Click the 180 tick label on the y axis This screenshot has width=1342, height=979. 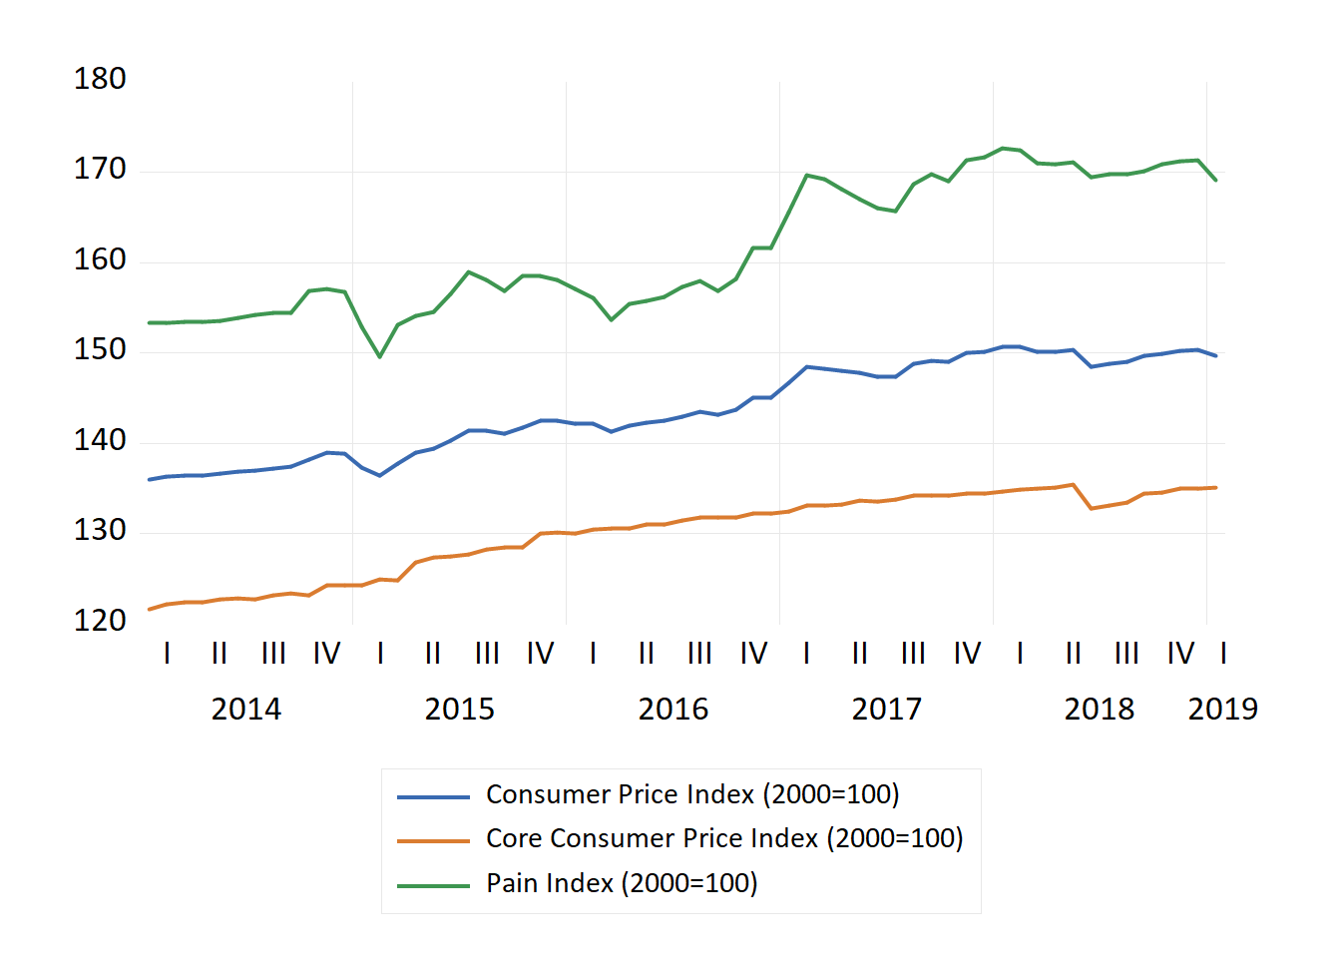pos(100,79)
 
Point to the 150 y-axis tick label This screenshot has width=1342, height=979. pos(100,349)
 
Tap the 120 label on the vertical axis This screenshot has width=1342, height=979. pos(100,621)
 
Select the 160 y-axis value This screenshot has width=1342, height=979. pos(100,259)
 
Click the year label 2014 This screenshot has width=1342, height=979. pos(245,710)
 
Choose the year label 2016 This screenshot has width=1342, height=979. pos(672,710)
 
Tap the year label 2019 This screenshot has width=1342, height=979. pos(1222,710)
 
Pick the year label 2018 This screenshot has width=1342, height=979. pos(1099,710)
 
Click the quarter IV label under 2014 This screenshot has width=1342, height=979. pos(326,654)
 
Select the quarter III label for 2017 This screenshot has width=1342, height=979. pos(913,654)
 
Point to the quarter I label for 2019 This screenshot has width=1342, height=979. pos(1223,654)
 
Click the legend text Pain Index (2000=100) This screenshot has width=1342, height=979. pos(622,883)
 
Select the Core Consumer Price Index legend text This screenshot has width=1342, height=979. pos(724,838)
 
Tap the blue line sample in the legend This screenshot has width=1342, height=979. pos(433,796)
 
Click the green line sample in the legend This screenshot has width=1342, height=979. pos(433,885)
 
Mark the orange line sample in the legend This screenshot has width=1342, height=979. pos(433,841)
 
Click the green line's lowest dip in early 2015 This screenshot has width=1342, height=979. pos(380,356)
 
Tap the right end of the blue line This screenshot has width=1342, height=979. pos(1215,355)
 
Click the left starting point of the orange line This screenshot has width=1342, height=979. pos(150,609)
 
